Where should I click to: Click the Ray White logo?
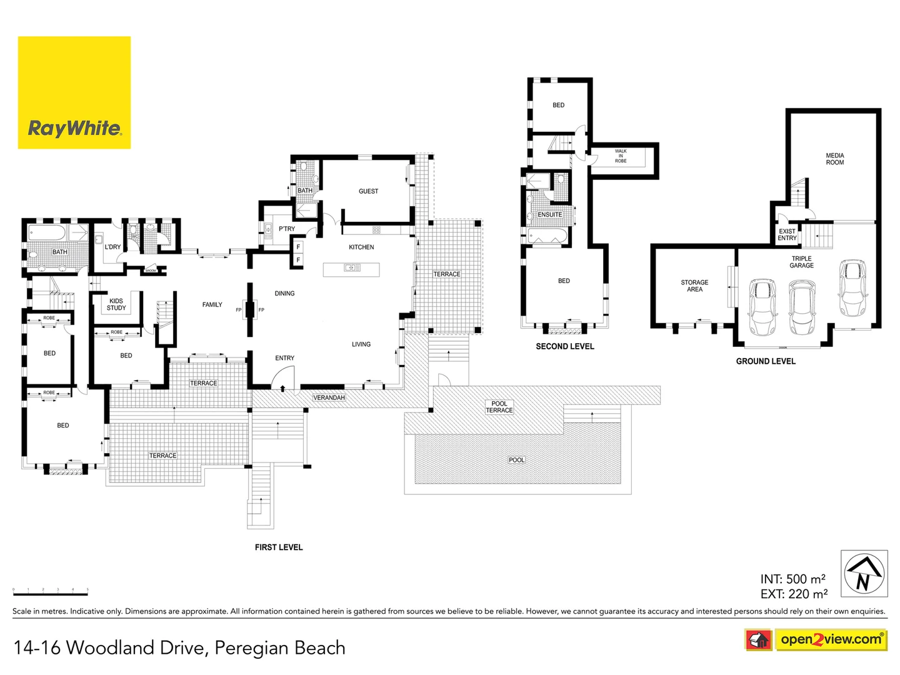click(74, 92)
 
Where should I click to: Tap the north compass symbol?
click(864, 573)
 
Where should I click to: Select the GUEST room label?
click(368, 191)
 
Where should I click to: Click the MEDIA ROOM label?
click(834, 159)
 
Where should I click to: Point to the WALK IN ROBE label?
click(620, 156)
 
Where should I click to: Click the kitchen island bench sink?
click(351, 268)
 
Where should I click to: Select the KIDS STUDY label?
click(116, 304)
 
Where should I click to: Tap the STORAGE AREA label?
click(694, 286)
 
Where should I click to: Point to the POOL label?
click(516, 460)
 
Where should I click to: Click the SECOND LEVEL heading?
click(564, 346)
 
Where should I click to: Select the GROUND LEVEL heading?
click(765, 361)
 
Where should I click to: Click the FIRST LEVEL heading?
click(279, 547)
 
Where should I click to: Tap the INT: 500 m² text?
click(792, 579)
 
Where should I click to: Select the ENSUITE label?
click(549, 214)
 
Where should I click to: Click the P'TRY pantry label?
click(286, 229)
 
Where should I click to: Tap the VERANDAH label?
click(329, 397)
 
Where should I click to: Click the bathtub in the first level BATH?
click(47, 235)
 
